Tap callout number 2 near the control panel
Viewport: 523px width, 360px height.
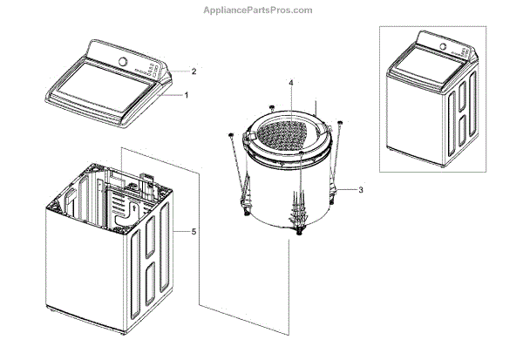[194, 71]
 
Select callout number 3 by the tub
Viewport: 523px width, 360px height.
[360, 188]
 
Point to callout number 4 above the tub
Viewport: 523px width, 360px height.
[291, 83]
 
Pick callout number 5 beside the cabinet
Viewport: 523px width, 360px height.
[194, 231]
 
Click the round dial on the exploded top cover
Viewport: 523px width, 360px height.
[122, 62]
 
